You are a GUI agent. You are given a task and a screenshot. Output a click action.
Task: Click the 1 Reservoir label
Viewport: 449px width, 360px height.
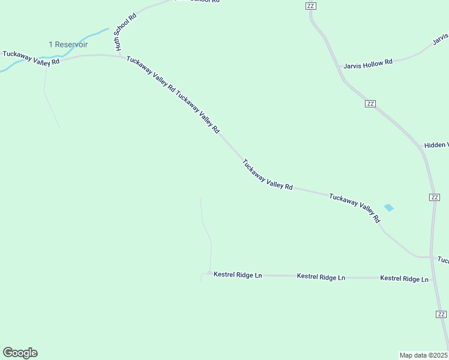pyautogui.click(x=68, y=45)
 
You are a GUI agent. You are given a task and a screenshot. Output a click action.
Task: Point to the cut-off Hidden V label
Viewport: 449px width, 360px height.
pyautogui.click(x=436, y=146)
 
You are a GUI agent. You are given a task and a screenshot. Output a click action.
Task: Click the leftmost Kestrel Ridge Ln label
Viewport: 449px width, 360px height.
pyautogui.click(x=238, y=275)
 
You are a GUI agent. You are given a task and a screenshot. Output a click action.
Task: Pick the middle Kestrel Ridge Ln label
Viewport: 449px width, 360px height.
pyautogui.click(x=321, y=277)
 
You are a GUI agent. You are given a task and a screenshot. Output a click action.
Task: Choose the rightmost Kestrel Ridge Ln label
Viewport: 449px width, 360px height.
pyautogui.click(x=404, y=279)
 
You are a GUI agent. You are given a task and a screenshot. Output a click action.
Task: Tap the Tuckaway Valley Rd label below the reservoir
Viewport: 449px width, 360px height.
pyautogui.click(x=31, y=58)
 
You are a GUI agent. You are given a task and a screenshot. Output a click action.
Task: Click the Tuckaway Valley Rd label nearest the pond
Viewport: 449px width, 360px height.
pyautogui.click(x=355, y=208)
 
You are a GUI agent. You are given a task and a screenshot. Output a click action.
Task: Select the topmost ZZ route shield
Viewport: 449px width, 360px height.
pyautogui.click(x=310, y=6)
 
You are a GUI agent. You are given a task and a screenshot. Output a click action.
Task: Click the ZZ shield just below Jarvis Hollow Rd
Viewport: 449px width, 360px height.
pyautogui.click(x=370, y=104)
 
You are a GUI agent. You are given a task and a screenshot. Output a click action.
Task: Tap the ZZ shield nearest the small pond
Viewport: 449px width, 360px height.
pyautogui.click(x=435, y=197)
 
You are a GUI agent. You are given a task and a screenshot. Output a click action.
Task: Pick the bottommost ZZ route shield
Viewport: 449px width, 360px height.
pyautogui.click(x=441, y=314)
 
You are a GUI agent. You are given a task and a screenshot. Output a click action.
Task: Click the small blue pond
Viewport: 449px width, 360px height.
pyautogui.click(x=389, y=208)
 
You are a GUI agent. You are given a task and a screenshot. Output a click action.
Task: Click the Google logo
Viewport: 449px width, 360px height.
pyautogui.click(x=20, y=353)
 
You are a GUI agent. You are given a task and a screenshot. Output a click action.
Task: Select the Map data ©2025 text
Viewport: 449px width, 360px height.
pyautogui.click(x=423, y=355)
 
